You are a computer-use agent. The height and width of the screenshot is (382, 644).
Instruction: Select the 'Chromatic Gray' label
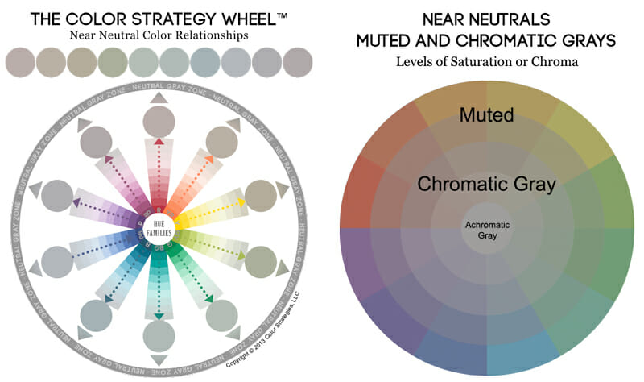487,184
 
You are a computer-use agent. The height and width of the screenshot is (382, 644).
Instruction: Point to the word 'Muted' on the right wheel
486,115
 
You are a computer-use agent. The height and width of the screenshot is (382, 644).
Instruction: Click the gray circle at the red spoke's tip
159,122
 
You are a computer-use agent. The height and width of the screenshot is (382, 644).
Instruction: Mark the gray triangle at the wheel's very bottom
159,359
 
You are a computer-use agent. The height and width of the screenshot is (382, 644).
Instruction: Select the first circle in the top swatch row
20,62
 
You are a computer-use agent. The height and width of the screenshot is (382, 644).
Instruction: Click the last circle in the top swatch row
297,62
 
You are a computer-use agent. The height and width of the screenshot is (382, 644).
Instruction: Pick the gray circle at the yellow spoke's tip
260,196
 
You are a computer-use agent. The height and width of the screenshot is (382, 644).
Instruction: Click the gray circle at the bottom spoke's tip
159,334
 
